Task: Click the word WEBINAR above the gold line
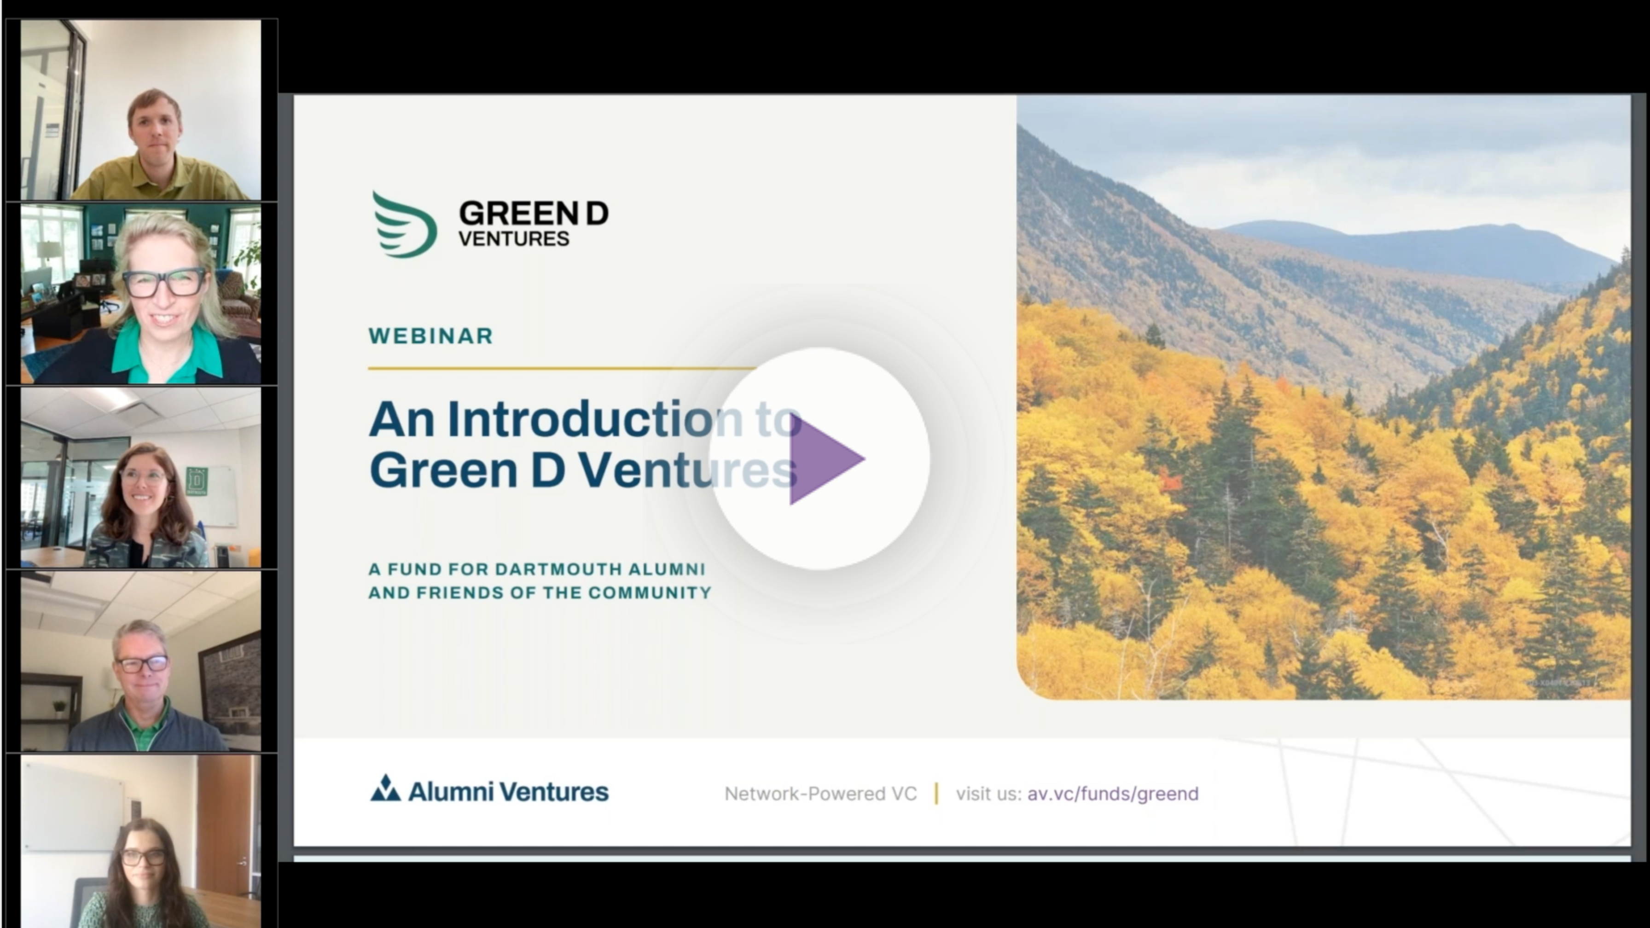430,336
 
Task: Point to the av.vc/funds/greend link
1113,794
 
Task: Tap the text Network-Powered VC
820,794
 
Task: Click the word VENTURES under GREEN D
514,239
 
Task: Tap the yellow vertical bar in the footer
936,794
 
